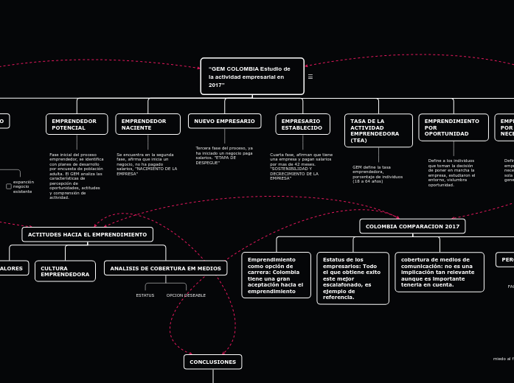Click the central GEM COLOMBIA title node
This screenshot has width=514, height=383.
pyautogui.click(x=251, y=77)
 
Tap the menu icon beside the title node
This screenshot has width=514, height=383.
pyautogui.click(x=310, y=77)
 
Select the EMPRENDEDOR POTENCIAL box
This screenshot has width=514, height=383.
pyautogui.click(x=77, y=124)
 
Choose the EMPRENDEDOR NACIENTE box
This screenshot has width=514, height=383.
pyautogui.click(x=147, y=124)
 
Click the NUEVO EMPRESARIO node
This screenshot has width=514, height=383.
pyautogui.click(x=224, y=121)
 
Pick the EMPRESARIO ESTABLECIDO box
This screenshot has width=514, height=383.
pyautogui.click(x=302, y=124)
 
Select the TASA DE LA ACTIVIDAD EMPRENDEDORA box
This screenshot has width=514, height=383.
pyautogui.click(x=378, y=130)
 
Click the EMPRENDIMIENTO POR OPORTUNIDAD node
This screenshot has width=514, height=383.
pyautogui.click(x=454, y=127)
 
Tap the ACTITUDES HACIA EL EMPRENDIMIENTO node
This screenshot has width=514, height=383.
pyautogui.click(x=87, y=234)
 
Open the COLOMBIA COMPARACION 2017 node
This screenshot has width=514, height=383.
pyautogui.click(x=412, y=226)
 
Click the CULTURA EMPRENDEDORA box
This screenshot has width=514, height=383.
pyautogui.click(x=65, y=271)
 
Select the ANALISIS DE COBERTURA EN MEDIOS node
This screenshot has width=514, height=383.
pyautogui.click(x=165, y=268)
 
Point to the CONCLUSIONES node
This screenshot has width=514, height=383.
pyautogui.click(x=212, y=362)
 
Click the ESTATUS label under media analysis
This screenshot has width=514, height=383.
pyautogui.click(x=145, y=295)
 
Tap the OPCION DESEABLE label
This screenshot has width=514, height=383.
pyautogui.click(x=186, y=295)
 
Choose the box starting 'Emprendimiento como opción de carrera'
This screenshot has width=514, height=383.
pyautogui.click(x=276, y=275)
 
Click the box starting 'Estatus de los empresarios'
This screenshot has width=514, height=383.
pyautogui.click(x=352, y=278)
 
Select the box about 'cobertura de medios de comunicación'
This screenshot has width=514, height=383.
pyautogui.click(x=440, y=272)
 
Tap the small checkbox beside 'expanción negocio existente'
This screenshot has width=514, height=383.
pyautogui.click(x=9, y=186)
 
